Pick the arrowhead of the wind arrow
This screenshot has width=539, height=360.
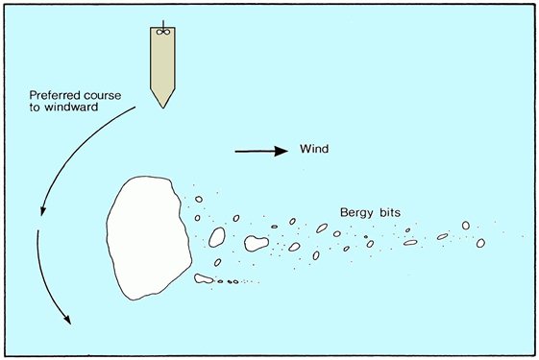[x=283, y=151]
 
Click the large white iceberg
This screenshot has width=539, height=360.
[x=145, y=235]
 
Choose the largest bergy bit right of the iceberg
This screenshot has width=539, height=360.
[x=256, y=243]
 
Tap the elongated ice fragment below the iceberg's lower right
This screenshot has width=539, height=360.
[x=203, y=279]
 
